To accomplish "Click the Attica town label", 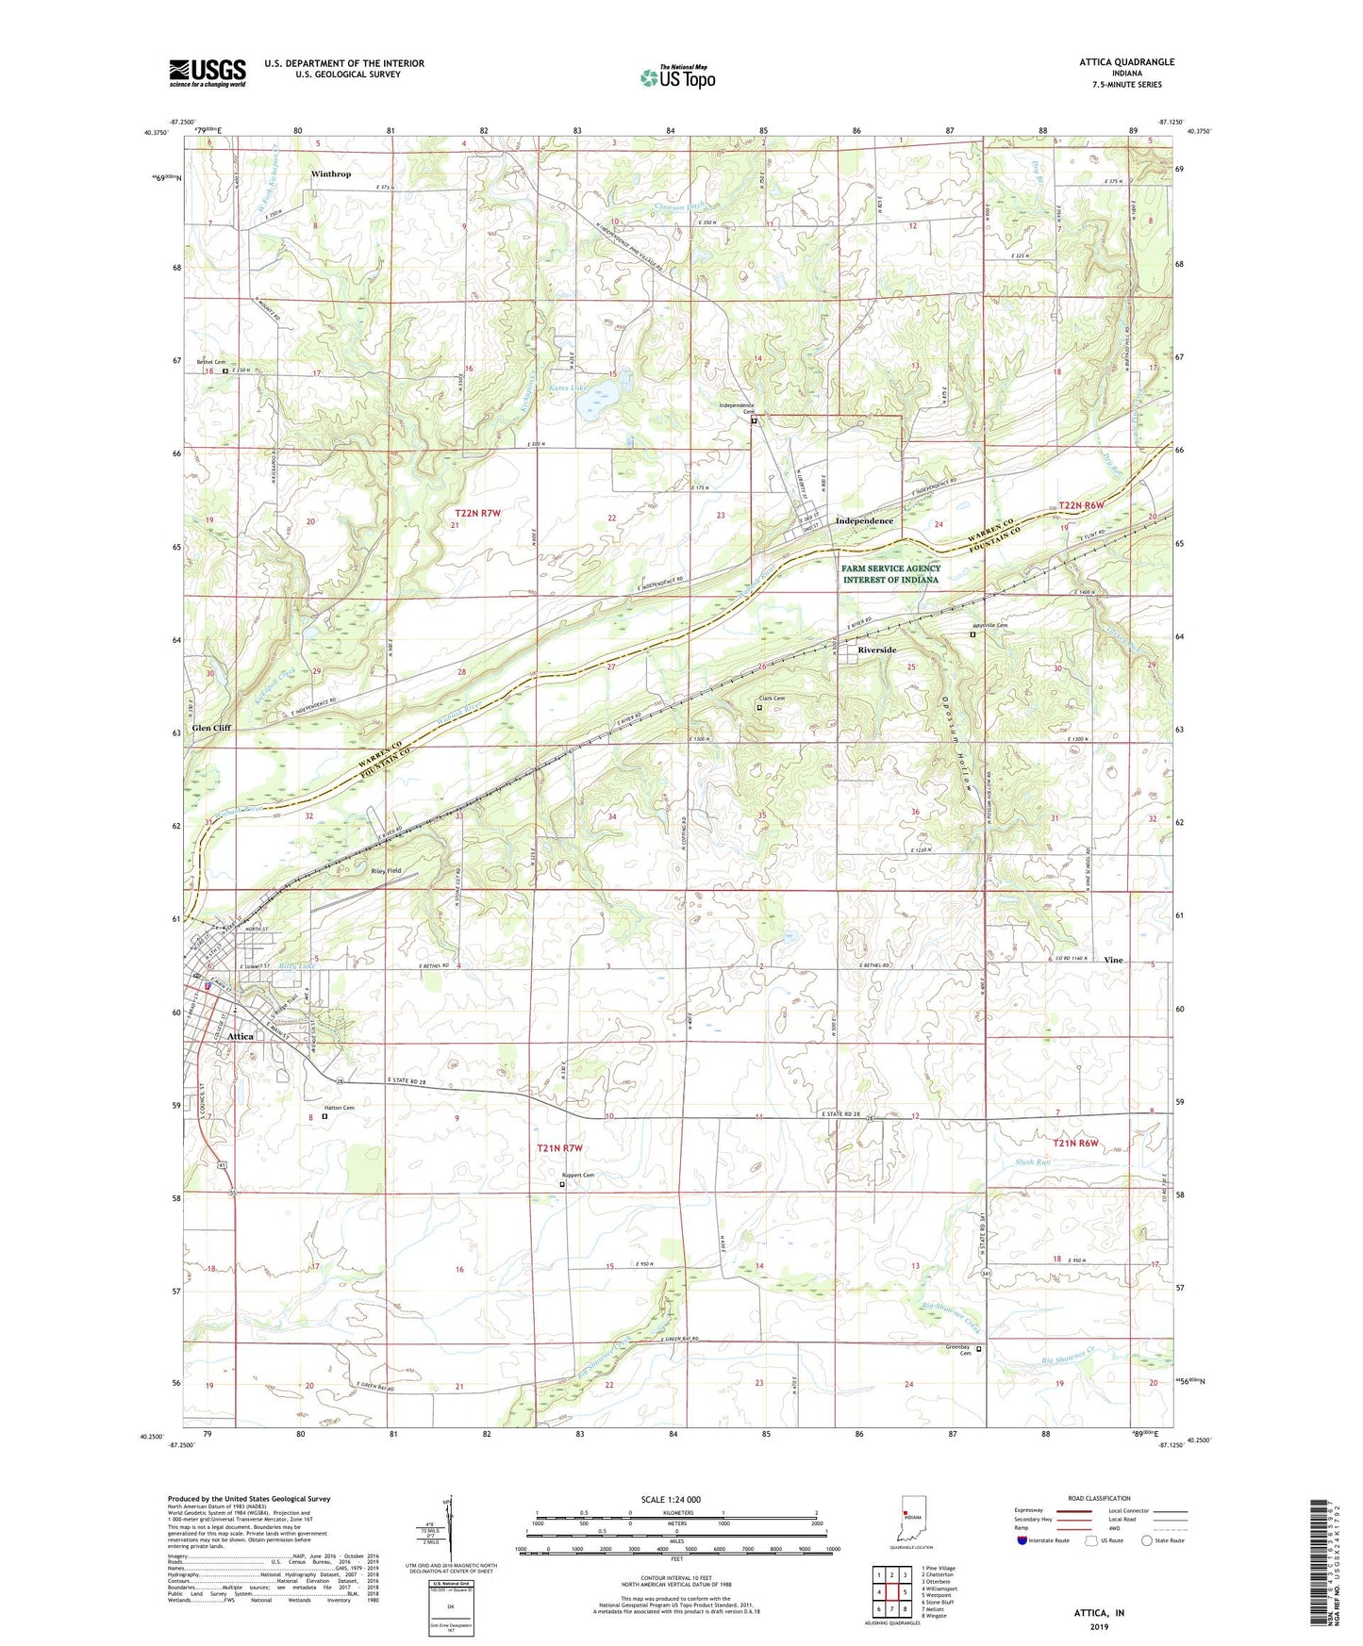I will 241,1036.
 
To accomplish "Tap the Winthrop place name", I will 331,174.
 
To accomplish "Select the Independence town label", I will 864,520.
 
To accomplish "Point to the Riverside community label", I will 877,650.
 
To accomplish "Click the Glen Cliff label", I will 211,728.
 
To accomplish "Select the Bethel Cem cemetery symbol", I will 224,371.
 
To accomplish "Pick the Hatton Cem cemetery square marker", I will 325,1116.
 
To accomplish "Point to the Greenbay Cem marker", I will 978,1349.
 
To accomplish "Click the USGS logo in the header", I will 208,72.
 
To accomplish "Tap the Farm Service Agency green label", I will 890,574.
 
